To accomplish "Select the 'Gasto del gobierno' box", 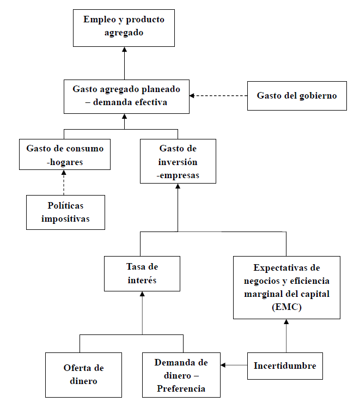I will [296, 96].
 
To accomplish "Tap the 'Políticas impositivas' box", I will [65, 212].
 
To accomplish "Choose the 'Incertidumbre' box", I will [285, 366].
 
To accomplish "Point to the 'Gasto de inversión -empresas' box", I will [178, 161].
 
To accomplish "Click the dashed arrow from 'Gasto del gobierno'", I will [218, 96].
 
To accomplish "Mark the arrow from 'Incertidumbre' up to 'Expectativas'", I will [285, 336].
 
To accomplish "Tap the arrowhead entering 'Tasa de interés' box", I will [142, 294].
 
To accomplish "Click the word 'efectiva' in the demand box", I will [150, 102].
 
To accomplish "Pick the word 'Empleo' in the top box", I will [98, 20].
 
